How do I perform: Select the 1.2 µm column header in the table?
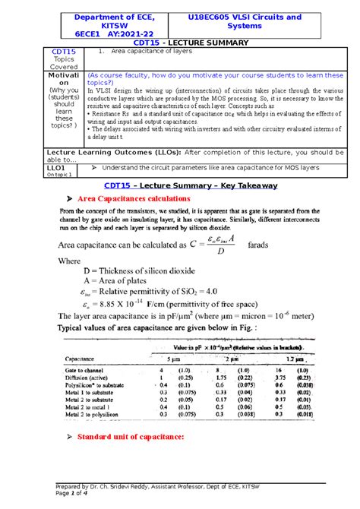293,357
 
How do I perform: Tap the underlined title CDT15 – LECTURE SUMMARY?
179,44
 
